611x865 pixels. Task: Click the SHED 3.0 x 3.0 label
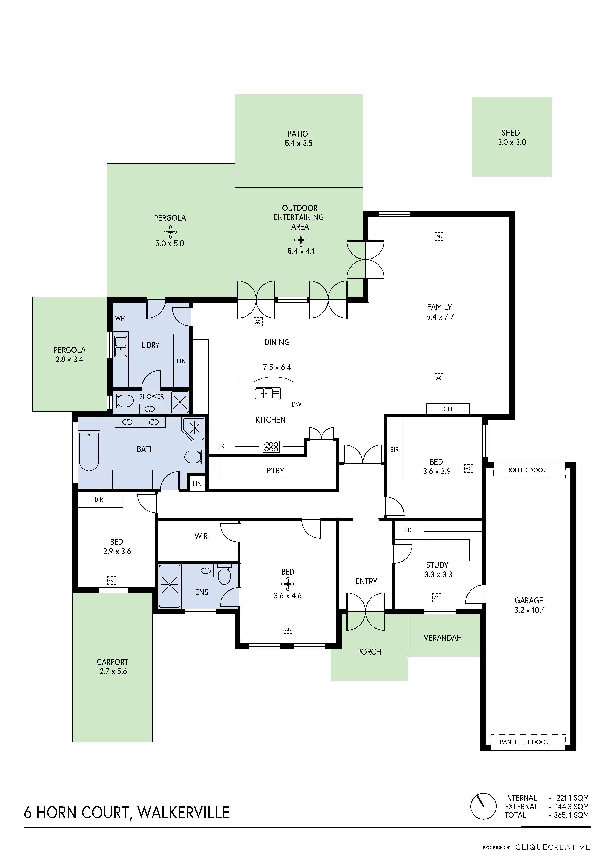coord(511,138)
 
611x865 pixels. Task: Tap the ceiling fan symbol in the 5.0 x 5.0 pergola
coord(170,232)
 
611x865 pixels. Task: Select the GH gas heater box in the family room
coord(448,409)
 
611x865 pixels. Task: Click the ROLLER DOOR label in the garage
coord(526,470)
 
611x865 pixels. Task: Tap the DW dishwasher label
coord(296,404)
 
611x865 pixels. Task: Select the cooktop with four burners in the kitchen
coord(271,447)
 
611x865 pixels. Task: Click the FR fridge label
coord(221,447)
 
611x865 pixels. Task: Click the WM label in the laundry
coord(120,318)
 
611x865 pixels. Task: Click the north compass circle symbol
coord(483,806)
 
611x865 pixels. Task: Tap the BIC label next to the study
coord(408,530)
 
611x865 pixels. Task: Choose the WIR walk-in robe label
coord(201,536)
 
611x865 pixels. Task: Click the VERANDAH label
coord(443,638)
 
